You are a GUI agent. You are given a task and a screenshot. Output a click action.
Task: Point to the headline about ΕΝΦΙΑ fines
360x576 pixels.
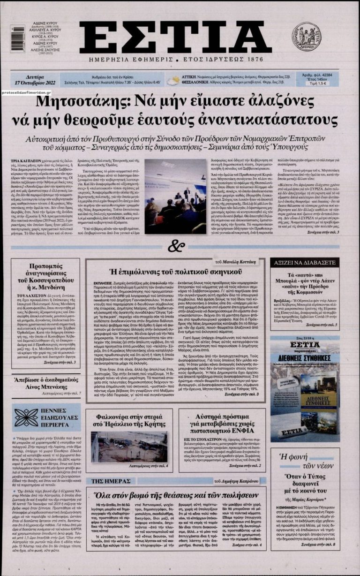pos(222,423)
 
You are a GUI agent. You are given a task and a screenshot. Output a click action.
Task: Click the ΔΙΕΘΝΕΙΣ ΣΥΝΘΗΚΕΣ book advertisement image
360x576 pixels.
pos(305,389)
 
